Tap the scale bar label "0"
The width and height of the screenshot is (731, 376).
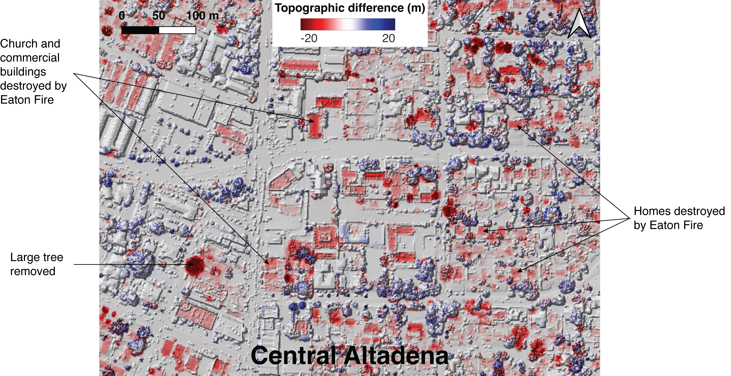[x=122, y=16]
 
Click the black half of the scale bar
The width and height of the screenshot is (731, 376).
[x=140, y=30]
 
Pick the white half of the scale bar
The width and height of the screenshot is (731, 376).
[x=177, y=30]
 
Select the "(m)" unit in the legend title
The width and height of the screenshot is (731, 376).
[x=416, y=8]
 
